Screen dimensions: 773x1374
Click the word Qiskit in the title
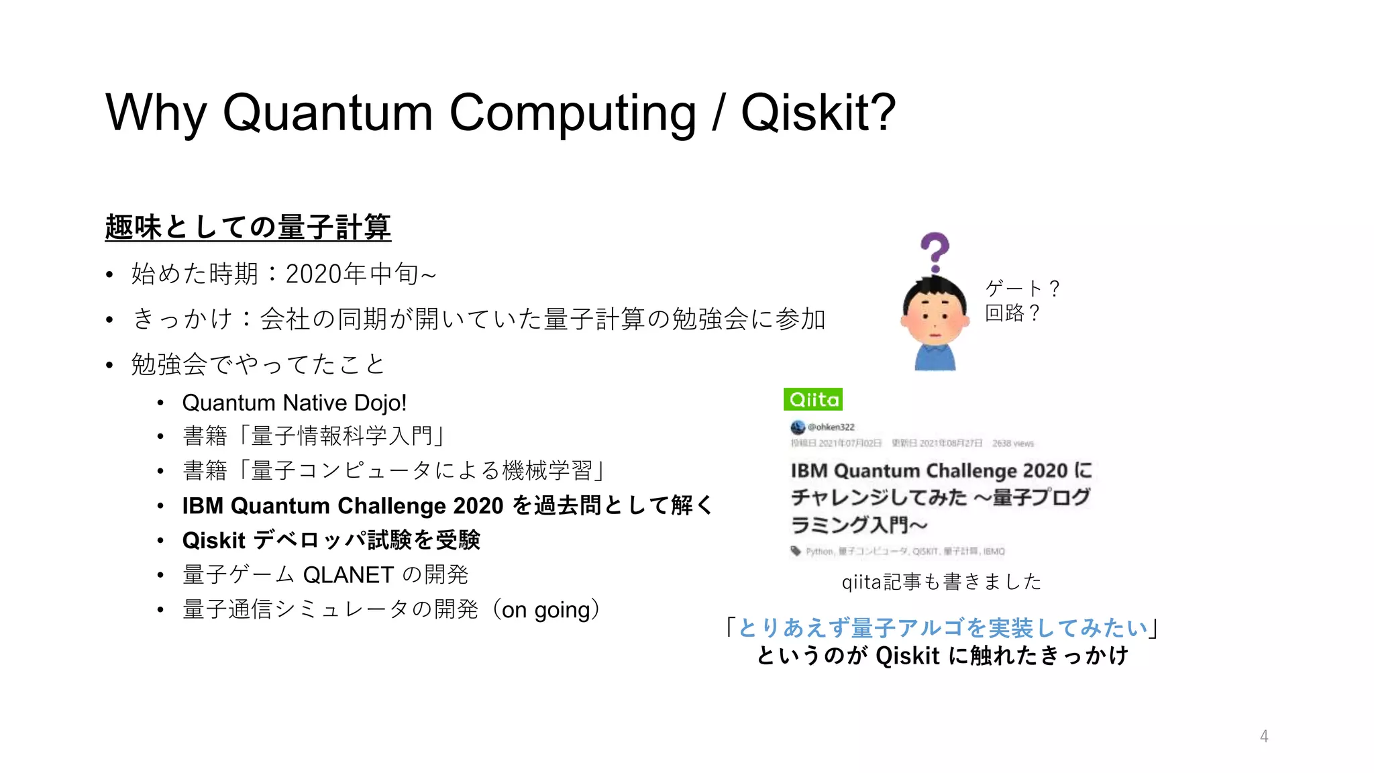pyautogui.click(x=818, y=113)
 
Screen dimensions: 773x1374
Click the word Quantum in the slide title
pyautogui.click(x=327, y=113)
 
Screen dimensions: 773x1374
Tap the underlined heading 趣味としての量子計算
pyautogui.click(x=248, y=227)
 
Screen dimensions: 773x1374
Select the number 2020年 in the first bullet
pyautogui.click(x=326, y=274)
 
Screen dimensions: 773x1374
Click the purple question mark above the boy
pyautogui.click(x=935, y=252)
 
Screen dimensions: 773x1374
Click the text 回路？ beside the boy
pyautogui.click(x=1012, y=313)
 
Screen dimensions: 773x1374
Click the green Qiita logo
pyautogui.click(x=813, y=400)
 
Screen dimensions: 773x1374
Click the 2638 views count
pyautogui.click(x=1013, y=444)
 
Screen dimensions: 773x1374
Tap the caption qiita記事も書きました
pyautogui.click(x=941, y=582)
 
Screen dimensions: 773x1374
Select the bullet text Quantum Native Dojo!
pyautogui.click(x=295, y=403)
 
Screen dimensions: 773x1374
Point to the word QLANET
pyautogui.click(x=348, y=575)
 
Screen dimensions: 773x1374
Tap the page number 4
pyautogui.click(x=1264, y=736)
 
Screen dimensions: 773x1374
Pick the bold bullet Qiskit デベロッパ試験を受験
pyautogui.click(x=331, y=540)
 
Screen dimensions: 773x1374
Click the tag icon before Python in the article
pyautogui.click(x=796, y=551)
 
